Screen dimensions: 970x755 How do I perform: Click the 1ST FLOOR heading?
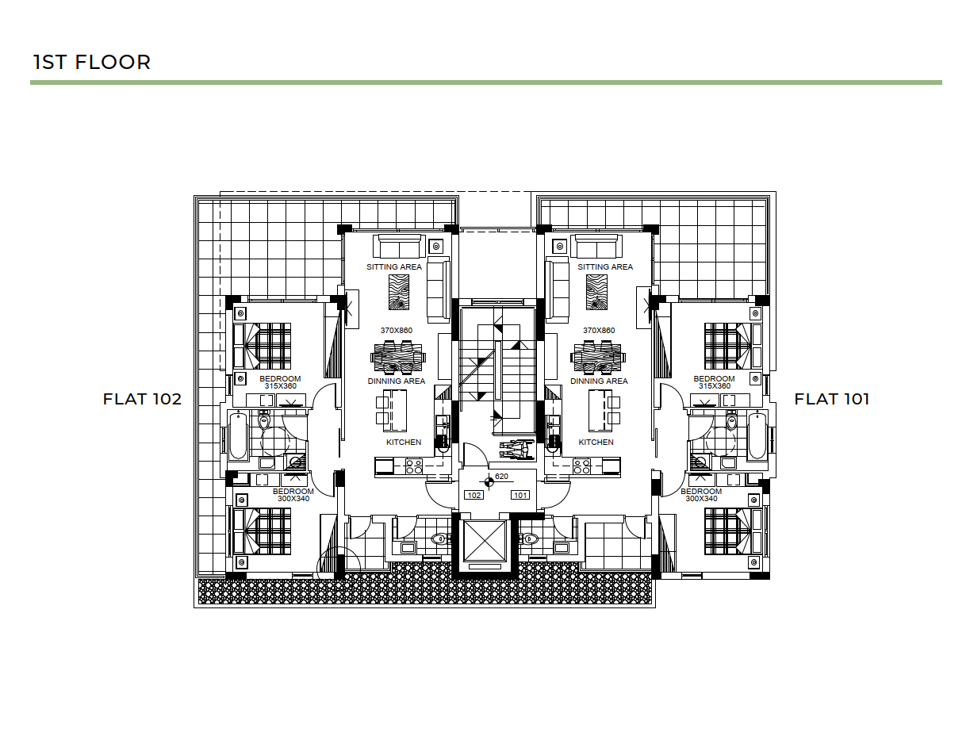pos(92,62)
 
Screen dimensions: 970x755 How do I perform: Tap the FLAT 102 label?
pos(143,399)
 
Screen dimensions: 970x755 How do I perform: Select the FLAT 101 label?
pos(832,399)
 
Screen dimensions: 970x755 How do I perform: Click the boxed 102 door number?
pos(474,495)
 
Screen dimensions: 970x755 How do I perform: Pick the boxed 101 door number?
pos(520,495)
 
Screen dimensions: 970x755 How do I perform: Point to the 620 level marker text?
pos(501,476)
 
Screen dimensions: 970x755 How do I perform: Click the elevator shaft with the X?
pos(485,541)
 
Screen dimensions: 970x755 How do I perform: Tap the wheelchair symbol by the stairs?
pos(516,450)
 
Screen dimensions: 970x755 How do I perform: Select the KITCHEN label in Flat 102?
pos(404,443)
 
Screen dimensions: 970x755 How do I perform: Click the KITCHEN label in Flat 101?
pos(596,443)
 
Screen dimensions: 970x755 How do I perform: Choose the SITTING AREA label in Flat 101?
pos(605,266)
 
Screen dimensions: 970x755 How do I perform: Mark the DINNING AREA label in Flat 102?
pos(397,381)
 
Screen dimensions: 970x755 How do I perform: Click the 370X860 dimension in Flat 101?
pos(599,330)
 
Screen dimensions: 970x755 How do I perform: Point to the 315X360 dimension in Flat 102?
pos(280,386)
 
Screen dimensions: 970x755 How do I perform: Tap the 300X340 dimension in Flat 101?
pos(701,498)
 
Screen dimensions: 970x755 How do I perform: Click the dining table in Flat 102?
pos(397,357)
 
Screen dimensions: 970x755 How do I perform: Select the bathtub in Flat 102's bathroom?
pos(238,436)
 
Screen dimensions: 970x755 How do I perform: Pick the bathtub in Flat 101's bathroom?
pos(757,436)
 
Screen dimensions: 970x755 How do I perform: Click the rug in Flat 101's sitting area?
pos(596,293)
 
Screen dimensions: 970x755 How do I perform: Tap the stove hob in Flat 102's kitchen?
pos(414,466)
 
